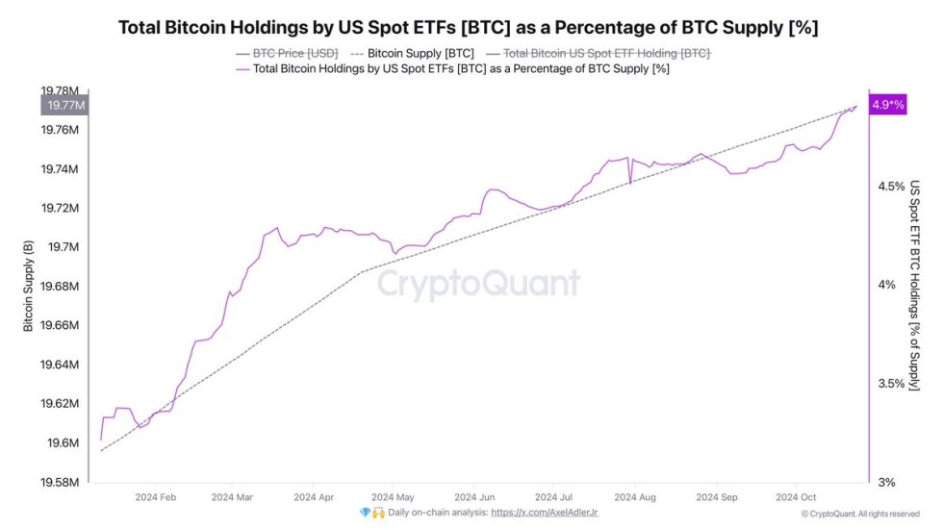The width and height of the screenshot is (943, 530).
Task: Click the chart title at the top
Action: pos(468,27)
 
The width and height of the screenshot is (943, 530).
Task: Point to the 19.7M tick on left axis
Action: pos(64,247)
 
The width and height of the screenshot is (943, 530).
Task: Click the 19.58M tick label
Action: pos(60,482)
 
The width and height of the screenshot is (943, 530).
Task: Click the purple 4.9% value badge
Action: pos(887,105)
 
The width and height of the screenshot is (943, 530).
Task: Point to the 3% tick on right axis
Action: pos(886,482)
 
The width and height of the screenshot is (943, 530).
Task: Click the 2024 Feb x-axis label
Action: pos(155,497)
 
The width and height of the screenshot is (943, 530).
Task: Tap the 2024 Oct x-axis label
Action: pos(796,497)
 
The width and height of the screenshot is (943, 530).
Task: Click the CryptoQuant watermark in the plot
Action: pos(477,284)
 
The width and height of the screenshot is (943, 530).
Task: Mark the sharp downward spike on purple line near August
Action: pos(629,182)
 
